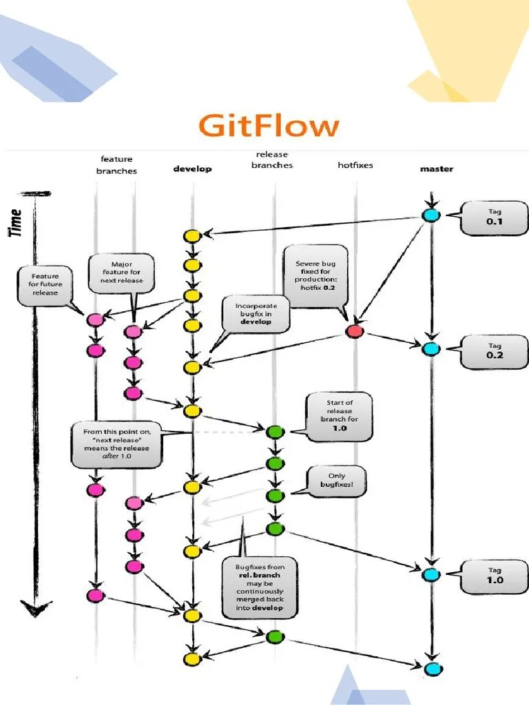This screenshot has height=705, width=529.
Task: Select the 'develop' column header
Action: tap(192, 169)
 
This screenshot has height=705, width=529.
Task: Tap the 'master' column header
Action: tap(437, 169)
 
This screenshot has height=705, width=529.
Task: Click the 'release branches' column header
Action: tap(272, 160)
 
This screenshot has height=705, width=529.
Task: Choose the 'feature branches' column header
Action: tap(116, 165)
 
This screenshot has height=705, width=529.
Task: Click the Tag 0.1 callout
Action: tap(495, 218)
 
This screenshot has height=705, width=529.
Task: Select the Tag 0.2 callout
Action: tap(495, 350)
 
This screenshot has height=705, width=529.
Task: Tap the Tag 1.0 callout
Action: tap(495, 576)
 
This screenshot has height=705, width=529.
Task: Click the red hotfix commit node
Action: tap(354, 332)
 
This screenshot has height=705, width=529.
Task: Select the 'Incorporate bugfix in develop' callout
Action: tap(256, 314)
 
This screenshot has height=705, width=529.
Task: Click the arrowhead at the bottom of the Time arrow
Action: tap(35, 609)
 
